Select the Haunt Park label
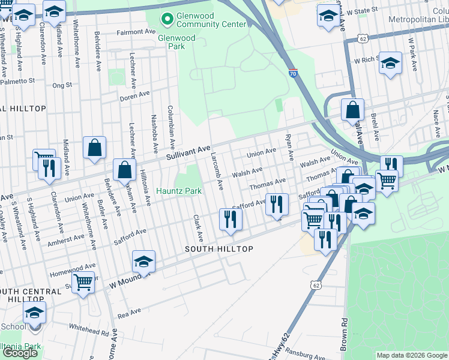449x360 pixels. pyautogui.click(x=179, y=191)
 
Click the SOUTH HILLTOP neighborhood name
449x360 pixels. pyautogui.click(x=218, y=248)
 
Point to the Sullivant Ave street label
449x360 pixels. pyautogui.click(x=188, y=151)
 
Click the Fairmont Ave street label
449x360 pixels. pyautogui.click(x=136, y=32)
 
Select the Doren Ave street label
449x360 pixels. pyautogui.click(x=136, y=94)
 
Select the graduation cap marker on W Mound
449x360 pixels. pyautogui.click(x=144, y=261)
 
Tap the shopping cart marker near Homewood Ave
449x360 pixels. pyautogui.click(x=83, y=281)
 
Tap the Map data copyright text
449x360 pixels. pyautogui.click(x=411, y=355)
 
